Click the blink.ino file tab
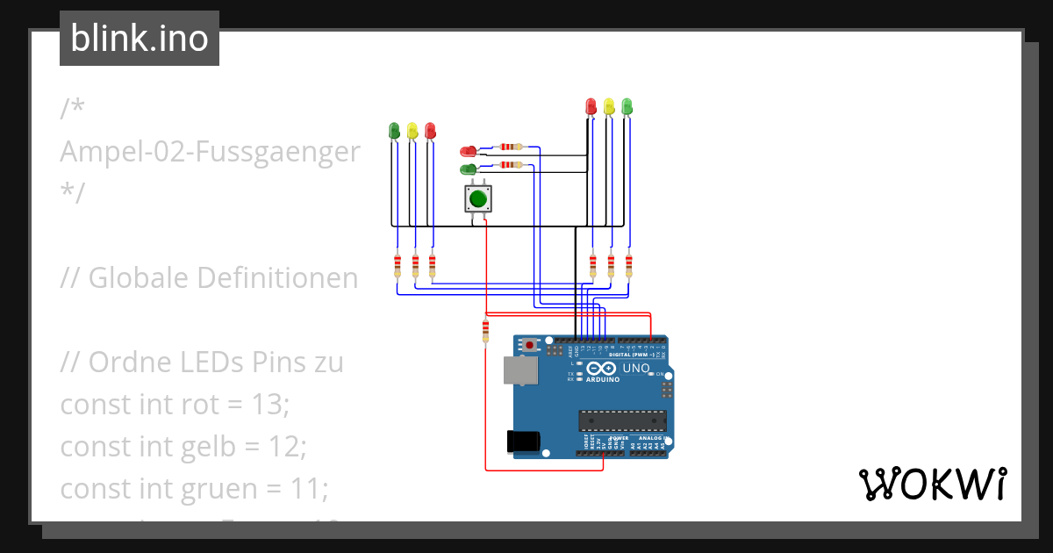(x=140, y=39)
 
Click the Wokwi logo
(x=932, y=484)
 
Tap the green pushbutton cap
(x=477, y=198)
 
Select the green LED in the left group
(x=394, y=131)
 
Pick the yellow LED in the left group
(x=412, y=131)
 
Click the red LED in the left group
(x=429, y=131)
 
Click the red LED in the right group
(x=591, y=107)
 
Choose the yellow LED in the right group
(x=608, y=107)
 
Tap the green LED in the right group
(x=627, y=107)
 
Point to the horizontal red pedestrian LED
(x=469, y=152)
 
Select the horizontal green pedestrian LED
(x=469, y=169)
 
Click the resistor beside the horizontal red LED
(x=509, y=147)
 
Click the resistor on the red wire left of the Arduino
(x=485, y=331)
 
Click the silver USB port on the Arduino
(x=520, y=370)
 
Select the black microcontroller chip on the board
(x=621, y=421)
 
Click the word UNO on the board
(x=636, y=368)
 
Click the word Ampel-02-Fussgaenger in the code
(x=210, y=152)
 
